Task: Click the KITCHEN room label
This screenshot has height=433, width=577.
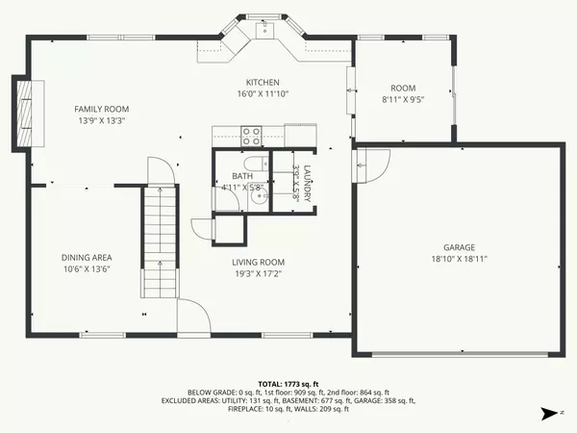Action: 263,83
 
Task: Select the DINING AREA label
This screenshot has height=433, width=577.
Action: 88,257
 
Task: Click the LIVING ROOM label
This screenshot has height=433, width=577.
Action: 259,262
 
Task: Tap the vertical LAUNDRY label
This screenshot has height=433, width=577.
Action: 308,183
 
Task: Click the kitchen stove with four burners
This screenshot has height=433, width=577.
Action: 251,135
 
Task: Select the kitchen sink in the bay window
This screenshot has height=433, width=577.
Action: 263,32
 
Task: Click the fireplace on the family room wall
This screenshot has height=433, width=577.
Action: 24,113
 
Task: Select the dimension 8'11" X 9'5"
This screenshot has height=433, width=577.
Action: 402,98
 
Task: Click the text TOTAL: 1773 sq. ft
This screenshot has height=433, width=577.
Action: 288,383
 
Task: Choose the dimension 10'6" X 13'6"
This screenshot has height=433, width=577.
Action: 88,269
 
